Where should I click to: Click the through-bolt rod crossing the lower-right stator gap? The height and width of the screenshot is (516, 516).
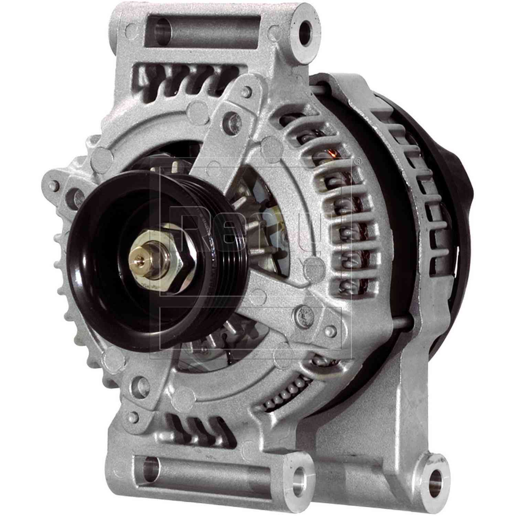402,322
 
